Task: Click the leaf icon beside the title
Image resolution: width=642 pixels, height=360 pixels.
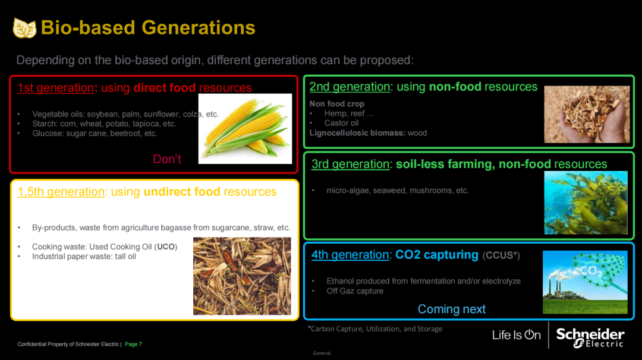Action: (x=24, y=28)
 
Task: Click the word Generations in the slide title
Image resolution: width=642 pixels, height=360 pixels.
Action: (x=198, y=28)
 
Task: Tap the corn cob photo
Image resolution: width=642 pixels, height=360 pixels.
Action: (x=246, y=129)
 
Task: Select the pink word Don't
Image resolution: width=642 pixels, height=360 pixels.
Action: (x=167, y=159)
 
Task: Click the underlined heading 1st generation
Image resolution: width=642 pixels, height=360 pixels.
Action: (x=55, y=87)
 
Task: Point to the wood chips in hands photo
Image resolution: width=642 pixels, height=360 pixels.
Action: (x=587, y=114)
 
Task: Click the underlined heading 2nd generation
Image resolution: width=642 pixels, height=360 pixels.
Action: (x=350, y=87)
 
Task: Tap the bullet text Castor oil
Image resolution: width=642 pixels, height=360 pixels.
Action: (x=341, y=123)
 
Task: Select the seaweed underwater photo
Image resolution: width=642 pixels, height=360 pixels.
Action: (x=586, y=203)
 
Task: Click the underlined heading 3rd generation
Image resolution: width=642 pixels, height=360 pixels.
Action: (x=350, y=164)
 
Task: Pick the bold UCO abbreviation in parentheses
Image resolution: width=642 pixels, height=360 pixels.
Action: (x=166, y=247)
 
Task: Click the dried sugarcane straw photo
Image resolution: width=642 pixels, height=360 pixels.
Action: (x=242, y=276)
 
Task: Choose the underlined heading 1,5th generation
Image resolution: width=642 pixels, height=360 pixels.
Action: (x=61, y=191)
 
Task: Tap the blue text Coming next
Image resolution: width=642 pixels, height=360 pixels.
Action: (x=452, y=309)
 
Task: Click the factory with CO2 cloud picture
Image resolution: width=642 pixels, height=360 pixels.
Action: (x=585, y=282)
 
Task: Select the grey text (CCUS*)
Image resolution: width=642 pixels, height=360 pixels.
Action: (x=501, y=255)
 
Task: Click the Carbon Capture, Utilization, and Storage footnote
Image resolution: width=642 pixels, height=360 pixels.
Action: (x=374, y=329)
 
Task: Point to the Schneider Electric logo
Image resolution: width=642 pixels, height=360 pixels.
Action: (x=590, y=337)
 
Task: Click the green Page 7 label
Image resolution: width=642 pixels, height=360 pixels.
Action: (x=134, y=344)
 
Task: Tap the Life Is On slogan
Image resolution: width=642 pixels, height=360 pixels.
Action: (x=517, y=335)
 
